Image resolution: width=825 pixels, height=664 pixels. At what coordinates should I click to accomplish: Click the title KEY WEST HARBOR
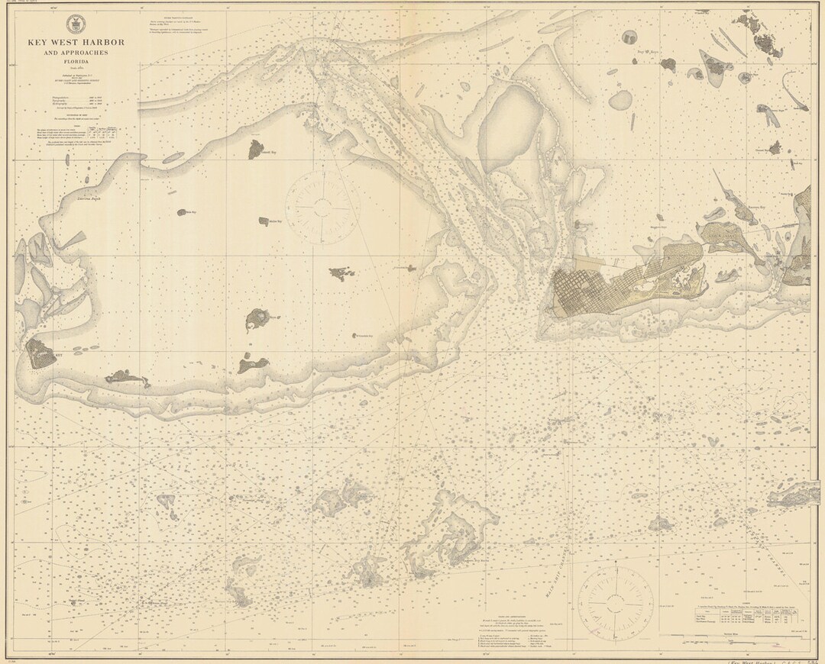point(75,43)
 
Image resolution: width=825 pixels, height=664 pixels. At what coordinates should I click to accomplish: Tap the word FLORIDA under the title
point(75,64)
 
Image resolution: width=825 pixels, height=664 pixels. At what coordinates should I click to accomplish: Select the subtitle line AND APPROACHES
point(75,54)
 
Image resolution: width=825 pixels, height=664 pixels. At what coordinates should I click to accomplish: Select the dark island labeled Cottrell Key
point(254,149)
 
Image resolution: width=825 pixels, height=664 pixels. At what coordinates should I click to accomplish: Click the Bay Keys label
point(648,55)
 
